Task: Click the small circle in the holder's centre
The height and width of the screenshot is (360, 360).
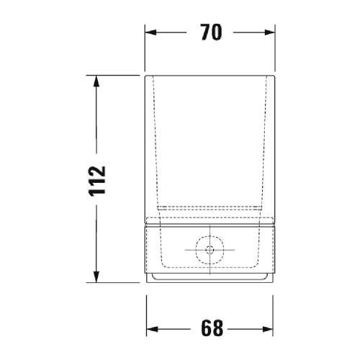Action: [210, 251]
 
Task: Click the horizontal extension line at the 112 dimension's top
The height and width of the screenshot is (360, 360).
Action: [115, 73]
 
